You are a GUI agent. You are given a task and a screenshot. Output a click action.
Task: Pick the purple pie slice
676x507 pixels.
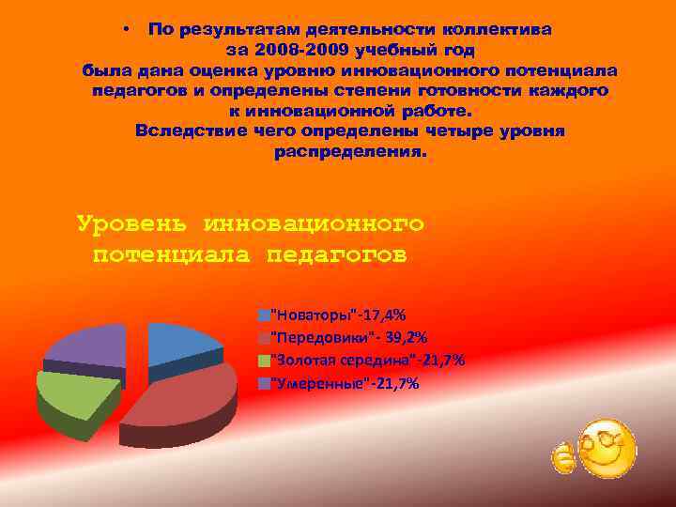[89, 347]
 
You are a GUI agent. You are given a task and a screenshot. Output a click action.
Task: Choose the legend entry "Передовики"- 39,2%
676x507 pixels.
[344, 338]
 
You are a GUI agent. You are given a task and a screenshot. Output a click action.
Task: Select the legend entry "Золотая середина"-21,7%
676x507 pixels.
[366, 361]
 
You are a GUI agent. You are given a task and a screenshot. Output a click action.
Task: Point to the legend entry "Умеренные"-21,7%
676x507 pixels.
[344, 383]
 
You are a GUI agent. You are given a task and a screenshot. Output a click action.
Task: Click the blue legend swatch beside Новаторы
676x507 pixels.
[264, 315]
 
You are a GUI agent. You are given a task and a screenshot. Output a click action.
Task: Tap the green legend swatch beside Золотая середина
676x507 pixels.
[264, 361]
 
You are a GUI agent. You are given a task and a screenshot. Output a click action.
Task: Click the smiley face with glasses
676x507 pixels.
[606, 446]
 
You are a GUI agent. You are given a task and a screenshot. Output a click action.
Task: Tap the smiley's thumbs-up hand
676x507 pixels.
[562, 457]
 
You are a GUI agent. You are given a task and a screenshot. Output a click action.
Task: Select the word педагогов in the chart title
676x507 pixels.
[338, 253]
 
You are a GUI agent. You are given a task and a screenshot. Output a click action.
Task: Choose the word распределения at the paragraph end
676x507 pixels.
[349, 150]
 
